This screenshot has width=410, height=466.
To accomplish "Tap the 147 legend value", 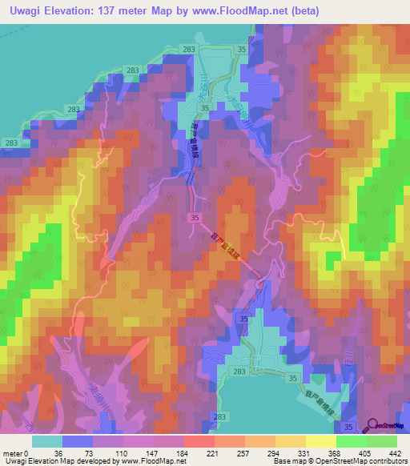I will [154, 453].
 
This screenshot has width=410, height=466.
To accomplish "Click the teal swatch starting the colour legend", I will [47, 441].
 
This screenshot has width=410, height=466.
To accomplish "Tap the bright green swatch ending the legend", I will [381, 441].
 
